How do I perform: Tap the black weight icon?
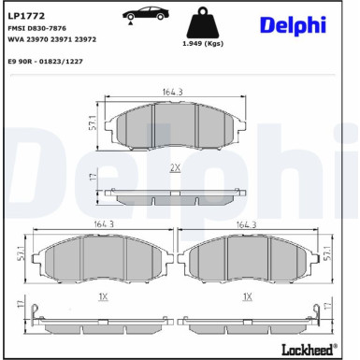coord(201,23)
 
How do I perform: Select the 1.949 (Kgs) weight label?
coord(201,44)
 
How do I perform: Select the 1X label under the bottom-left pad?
coord(103,296)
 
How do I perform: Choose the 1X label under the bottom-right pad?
coord(247,296)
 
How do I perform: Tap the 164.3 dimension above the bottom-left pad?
coord(103,223)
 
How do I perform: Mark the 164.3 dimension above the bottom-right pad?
coord(247,223)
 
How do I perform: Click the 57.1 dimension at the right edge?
coord(328,253)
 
